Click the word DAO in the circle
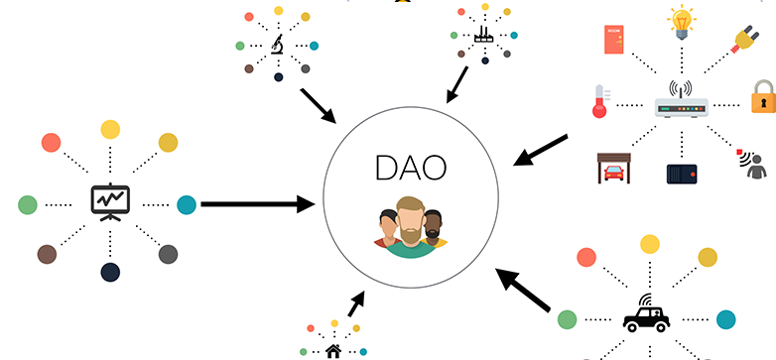pos(411,168)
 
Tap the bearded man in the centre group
pos(411,226)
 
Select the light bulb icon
pos(682,22)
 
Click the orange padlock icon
pos(763,96)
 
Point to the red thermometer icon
pos(600,101)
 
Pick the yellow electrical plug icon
pos(743,38)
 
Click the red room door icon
pos(614,40)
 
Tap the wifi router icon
pos(682,99)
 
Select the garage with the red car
pos(614,169)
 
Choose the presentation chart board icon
pos(110,202)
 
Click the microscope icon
pos(277,45)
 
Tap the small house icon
pos(333,352)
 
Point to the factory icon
pos(484,35)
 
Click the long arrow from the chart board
pos(258,203)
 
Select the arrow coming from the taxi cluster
pos(523,290)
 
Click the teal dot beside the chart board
pos(187,204)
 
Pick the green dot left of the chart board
pos(28,204)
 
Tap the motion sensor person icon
pos(752,165)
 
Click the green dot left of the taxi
pos(568,319)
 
